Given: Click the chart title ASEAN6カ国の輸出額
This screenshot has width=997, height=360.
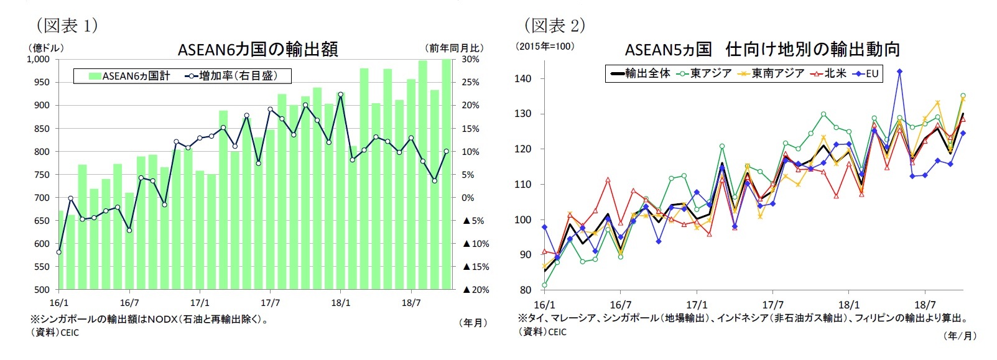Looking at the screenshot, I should pos(257,49).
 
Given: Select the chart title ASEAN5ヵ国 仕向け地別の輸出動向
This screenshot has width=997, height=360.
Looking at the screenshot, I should pos(762,49).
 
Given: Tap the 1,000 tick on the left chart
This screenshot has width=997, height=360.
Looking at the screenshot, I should pos(38,60).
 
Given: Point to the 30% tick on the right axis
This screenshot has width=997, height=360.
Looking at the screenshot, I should pos(471,60).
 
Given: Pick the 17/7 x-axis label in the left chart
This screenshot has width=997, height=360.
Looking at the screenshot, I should pos(270,303).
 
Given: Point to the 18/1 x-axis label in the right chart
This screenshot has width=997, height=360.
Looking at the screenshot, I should pos(849,305).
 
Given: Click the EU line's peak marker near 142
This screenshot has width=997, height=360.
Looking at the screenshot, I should pos(899,72).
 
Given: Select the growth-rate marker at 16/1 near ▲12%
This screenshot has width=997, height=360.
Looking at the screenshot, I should pos(59,252).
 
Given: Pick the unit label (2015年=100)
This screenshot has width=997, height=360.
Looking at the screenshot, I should pos(546,47).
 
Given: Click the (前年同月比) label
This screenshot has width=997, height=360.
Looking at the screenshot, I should pos(455,48).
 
